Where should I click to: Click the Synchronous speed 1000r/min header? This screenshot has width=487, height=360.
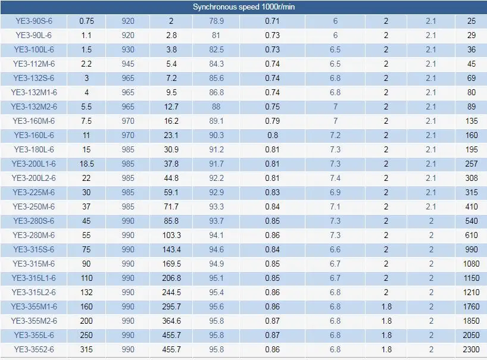coord(244,7)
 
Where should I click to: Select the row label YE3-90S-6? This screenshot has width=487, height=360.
coord(34,21)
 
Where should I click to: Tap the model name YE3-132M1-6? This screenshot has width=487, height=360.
coord(34,92)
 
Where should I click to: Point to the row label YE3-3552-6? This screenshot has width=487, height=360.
coord(34,349)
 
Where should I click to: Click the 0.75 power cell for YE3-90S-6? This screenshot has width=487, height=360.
coord(86,21)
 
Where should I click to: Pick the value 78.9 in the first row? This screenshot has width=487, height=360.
coord(216,21)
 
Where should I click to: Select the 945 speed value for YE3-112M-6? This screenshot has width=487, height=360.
coord(128,64)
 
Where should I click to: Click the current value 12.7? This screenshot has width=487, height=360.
coord(171,107)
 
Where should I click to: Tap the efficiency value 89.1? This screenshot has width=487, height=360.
coord(216,121)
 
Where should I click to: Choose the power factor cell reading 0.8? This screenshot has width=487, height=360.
coord(273,135)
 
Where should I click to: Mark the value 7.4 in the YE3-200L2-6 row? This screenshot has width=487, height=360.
coord(335,178)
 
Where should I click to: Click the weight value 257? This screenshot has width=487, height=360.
coord(471,164)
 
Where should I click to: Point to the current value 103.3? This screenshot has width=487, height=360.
coord(171,235)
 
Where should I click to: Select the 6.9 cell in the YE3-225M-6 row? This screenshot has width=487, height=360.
coord(335,192)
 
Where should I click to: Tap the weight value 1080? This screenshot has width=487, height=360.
coord(471,264)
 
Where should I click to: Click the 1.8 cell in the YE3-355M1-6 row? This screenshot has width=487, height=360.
coord(386,306)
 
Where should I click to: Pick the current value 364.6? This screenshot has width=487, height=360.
coord(171,321)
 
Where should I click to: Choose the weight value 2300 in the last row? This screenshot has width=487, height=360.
coord(471,349)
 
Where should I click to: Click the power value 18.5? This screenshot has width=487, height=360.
coord(86,164)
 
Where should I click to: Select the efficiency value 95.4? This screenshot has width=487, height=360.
coord(216,292)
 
